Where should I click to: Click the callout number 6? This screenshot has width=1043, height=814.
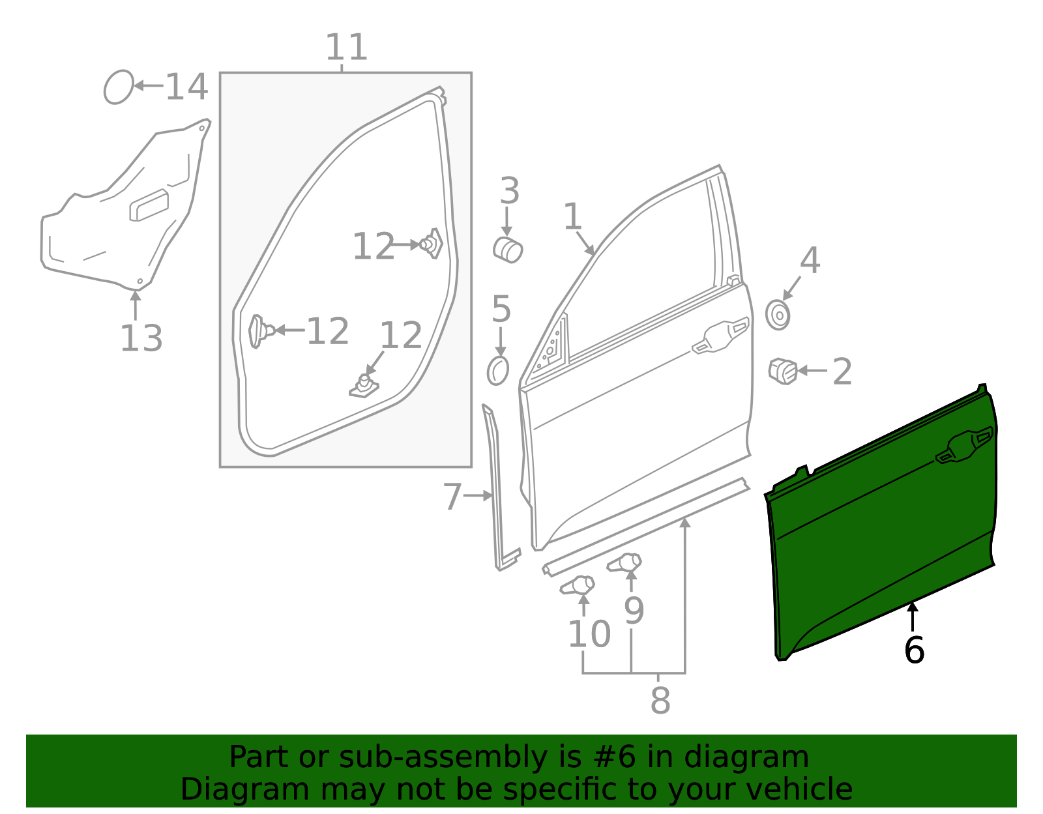point(914,650)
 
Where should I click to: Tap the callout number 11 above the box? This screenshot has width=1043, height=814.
point(346,48)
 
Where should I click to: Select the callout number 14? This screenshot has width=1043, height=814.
point(186,87)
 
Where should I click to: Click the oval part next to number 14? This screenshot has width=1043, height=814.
point(119,87)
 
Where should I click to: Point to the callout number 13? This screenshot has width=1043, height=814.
point(141,338)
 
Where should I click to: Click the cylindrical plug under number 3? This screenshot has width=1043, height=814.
point(508,250)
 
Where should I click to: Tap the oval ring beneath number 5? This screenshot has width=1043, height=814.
point(498,371)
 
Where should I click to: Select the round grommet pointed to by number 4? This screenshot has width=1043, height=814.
point(778,315)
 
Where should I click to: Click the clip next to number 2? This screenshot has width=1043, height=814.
point(783,371)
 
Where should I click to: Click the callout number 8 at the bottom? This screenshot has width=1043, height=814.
point(660,701)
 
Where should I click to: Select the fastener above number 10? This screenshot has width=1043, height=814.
point(578,585)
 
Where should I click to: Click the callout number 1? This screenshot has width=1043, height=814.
point(572,216)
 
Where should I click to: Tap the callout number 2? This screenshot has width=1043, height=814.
point(842,371)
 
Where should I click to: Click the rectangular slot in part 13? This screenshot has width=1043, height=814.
point(149,205)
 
